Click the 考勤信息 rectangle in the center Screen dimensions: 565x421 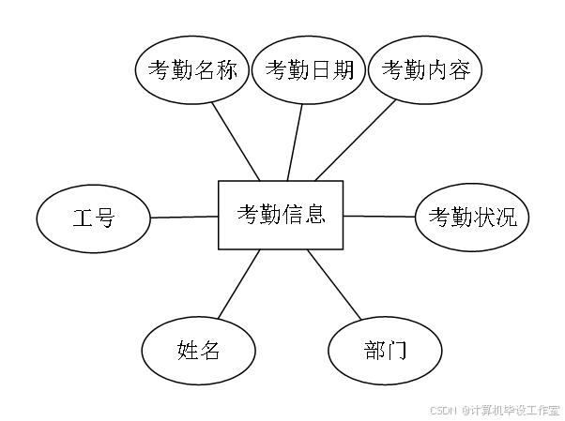(x=281, y=215)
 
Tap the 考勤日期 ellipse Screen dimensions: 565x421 (x=309, y=70)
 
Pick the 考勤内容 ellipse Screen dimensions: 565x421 (x=425, y=70)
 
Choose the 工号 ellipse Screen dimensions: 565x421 (x=94, y=219)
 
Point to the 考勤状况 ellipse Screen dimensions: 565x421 (x=472, y=218)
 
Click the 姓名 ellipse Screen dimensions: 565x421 (x=198, y=352)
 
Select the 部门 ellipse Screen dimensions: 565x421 (x=385, y=352)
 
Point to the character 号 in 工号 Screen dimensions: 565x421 (x=105, y=219)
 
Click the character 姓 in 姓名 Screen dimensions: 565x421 (x=187, y=352)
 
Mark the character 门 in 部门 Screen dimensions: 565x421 (x=396, y=352)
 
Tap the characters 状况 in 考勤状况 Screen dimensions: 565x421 (x=495, y=218)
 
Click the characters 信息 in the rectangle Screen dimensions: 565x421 (x=304, y=215)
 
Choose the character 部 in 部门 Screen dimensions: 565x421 (x=374, y=352)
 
